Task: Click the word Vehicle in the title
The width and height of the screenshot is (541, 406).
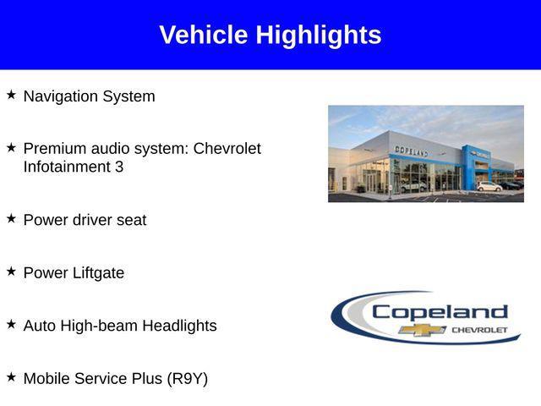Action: coord(204,36)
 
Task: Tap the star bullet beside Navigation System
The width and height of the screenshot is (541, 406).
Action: coord(11,95)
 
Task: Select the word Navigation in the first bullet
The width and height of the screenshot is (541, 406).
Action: coord(60,96)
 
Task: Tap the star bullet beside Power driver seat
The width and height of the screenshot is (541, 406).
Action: coord(11,218)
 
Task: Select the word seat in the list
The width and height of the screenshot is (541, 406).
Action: coord(131,220)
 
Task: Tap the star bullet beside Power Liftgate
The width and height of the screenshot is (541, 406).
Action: coord(11,272)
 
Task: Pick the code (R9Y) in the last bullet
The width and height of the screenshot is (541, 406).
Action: coord(187,379)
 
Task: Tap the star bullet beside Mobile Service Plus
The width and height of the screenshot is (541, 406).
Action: coord(11,377)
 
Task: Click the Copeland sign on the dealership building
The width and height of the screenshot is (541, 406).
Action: coord(411,151)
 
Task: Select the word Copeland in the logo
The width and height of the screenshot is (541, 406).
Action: coord(440,312)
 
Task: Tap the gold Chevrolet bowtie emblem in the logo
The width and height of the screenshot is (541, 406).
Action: coord(423,329)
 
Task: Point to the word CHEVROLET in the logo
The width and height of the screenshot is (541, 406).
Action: coord(479,329)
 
